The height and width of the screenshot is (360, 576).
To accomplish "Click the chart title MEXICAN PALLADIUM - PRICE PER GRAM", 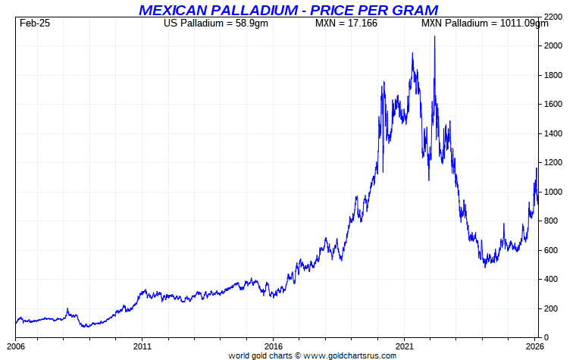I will point(288,10).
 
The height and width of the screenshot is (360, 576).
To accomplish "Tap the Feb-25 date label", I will point(35,23).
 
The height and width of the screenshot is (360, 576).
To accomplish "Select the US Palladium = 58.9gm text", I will point(216,23).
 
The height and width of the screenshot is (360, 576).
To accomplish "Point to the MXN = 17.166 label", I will point(346,23).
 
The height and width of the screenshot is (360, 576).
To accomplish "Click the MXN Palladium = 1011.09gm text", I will point(484,23).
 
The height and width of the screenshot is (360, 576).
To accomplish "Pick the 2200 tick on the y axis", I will point(554,17).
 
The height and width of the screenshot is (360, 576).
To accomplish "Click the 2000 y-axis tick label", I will point(554,46).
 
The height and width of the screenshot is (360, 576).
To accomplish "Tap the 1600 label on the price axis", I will point(554,105).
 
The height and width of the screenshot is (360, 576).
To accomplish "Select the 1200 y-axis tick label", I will point(554,163).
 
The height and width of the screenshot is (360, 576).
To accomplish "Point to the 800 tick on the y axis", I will point(551,221).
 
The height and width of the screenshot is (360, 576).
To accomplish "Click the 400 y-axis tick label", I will point(551,280).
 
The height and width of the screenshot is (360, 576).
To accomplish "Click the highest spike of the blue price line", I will point(434,36).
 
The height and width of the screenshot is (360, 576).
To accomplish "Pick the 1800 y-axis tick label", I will point(554,76).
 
